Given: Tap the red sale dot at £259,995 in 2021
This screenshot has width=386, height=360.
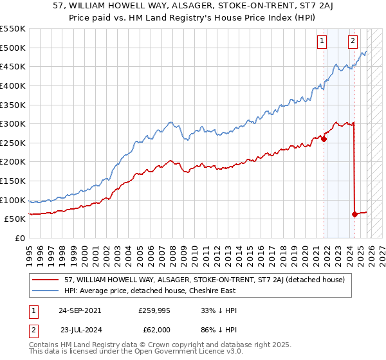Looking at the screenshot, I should click(324, 138).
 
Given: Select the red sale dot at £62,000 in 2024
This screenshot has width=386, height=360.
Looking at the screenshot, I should click(354, 214).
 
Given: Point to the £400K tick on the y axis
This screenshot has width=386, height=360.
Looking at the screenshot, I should click(14, 85).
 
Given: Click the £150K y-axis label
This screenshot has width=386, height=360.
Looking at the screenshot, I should click(14, 181).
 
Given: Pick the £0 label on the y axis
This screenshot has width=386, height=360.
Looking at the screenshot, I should click(19, 238).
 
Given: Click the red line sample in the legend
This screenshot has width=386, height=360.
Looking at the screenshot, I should click(46, 280).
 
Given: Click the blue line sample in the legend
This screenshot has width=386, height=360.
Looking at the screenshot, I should click(46, 291).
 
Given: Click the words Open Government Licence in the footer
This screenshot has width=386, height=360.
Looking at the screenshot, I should click(174, 353).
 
